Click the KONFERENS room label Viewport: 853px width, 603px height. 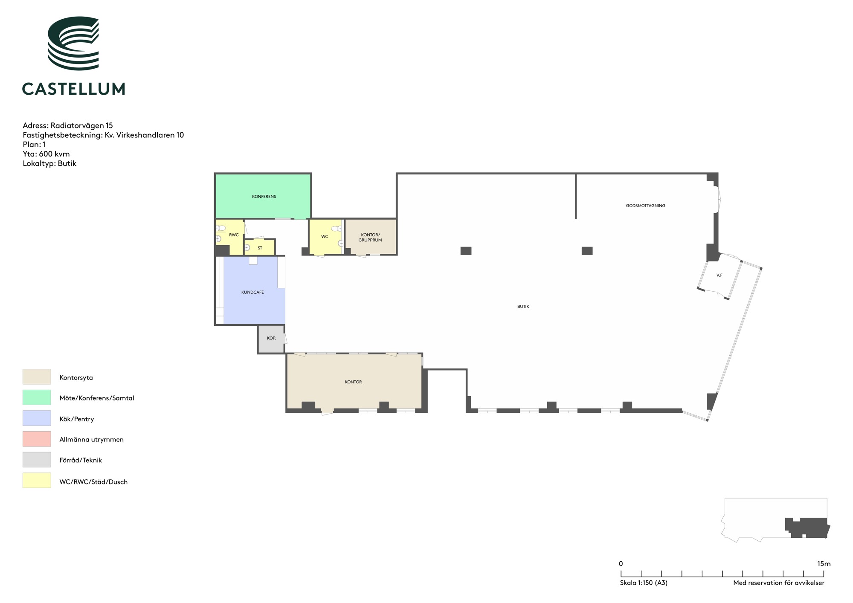264,197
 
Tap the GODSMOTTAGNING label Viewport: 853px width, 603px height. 645,206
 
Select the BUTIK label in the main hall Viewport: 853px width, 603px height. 523,307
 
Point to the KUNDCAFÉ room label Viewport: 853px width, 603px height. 252,292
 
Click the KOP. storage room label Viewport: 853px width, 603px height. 271,338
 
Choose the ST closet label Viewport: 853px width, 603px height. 260,248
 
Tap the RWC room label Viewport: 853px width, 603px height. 234,235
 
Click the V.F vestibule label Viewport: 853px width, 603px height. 719,275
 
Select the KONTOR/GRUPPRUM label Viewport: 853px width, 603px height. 370,238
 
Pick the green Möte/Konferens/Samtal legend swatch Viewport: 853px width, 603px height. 37,397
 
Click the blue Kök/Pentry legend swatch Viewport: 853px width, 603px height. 37,418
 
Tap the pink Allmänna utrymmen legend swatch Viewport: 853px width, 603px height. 37,439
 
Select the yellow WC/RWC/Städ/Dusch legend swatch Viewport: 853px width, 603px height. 37,481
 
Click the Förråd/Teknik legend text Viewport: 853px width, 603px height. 81,460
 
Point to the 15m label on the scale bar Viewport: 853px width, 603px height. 824,564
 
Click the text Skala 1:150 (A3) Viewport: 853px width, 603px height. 644,583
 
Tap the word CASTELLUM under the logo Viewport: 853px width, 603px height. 73,89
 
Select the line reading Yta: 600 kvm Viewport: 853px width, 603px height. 46,154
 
